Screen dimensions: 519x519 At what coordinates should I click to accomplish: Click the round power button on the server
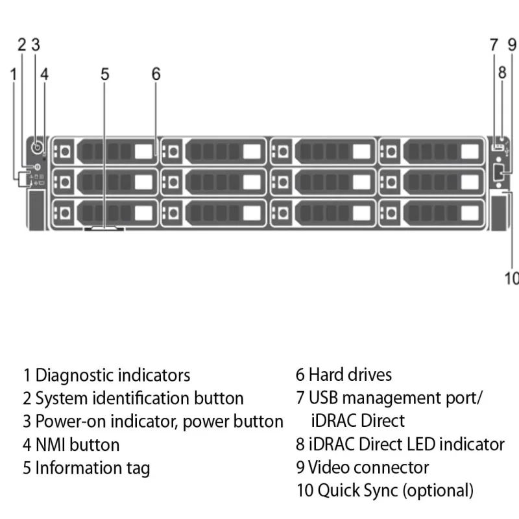(x=38, y=147)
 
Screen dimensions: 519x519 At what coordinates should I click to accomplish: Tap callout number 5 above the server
(x=105, y=74)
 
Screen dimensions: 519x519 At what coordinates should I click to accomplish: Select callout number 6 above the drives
(x=156, y=74)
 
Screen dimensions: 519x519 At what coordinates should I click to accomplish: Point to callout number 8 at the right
(x=502, y=73)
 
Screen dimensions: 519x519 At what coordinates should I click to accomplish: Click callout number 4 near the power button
(x=45, y=74)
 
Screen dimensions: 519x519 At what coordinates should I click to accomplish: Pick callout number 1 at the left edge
(x=14, y=74)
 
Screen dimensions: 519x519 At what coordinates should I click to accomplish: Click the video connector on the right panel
(x=498, y=173)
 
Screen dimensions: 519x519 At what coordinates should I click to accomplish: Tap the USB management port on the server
(x=498, y=147)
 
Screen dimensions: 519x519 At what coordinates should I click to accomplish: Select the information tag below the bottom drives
(x=104, y=228)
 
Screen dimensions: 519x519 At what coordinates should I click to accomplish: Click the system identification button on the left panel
(x=37, y=167)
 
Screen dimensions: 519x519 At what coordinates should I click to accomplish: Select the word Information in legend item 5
(x=78, y=468)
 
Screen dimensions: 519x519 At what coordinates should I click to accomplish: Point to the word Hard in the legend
(x=326, y=375)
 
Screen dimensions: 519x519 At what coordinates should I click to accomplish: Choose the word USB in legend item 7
(x=323, y=398)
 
